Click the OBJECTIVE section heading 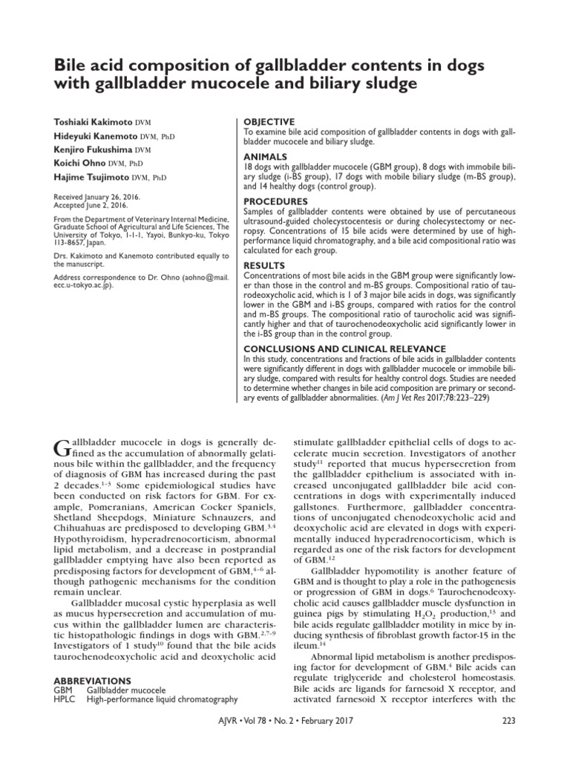click(269, 122)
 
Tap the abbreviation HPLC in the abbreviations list click(65, 699)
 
